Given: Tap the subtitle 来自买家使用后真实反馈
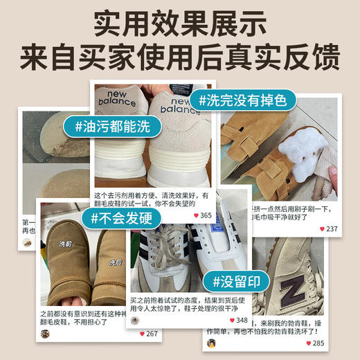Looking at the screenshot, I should [180, 56].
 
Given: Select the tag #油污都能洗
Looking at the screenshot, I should [117, 127].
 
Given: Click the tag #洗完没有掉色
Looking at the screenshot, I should [243, 100].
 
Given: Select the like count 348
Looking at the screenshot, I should [242, 321].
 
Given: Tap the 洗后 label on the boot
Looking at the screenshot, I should [115, 262].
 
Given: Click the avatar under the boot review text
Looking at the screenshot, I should [46, 334].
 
